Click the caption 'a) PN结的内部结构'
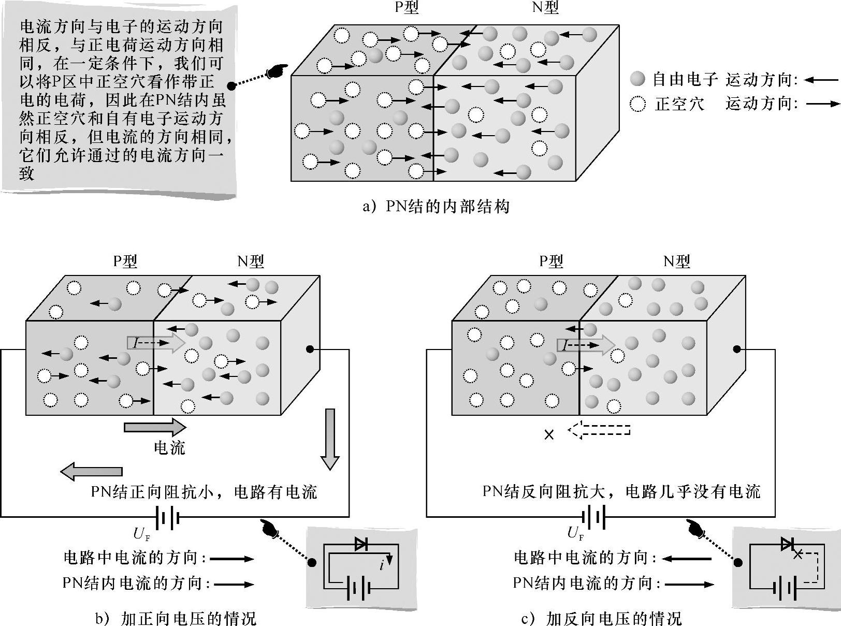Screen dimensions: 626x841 (436, 207)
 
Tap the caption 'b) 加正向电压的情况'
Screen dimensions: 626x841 (176, 618)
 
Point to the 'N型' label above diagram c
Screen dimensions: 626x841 (676, 261)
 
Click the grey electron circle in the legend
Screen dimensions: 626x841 (637, 79)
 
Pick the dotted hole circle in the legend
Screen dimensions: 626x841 (637, 104)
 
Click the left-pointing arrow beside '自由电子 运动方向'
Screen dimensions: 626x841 (821, 80)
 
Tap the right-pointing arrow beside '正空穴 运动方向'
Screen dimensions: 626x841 (821, 104)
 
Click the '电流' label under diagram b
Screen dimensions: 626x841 (169, 448)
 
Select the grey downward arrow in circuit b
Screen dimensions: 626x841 (329, 439)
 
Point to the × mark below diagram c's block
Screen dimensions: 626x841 (549, 434)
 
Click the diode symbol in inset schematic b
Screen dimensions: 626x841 (361, 544)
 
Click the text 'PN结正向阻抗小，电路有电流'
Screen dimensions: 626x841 (204, 491)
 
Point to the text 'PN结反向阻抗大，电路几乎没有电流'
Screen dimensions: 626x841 (621, 491)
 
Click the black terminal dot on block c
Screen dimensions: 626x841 (736, 350)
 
